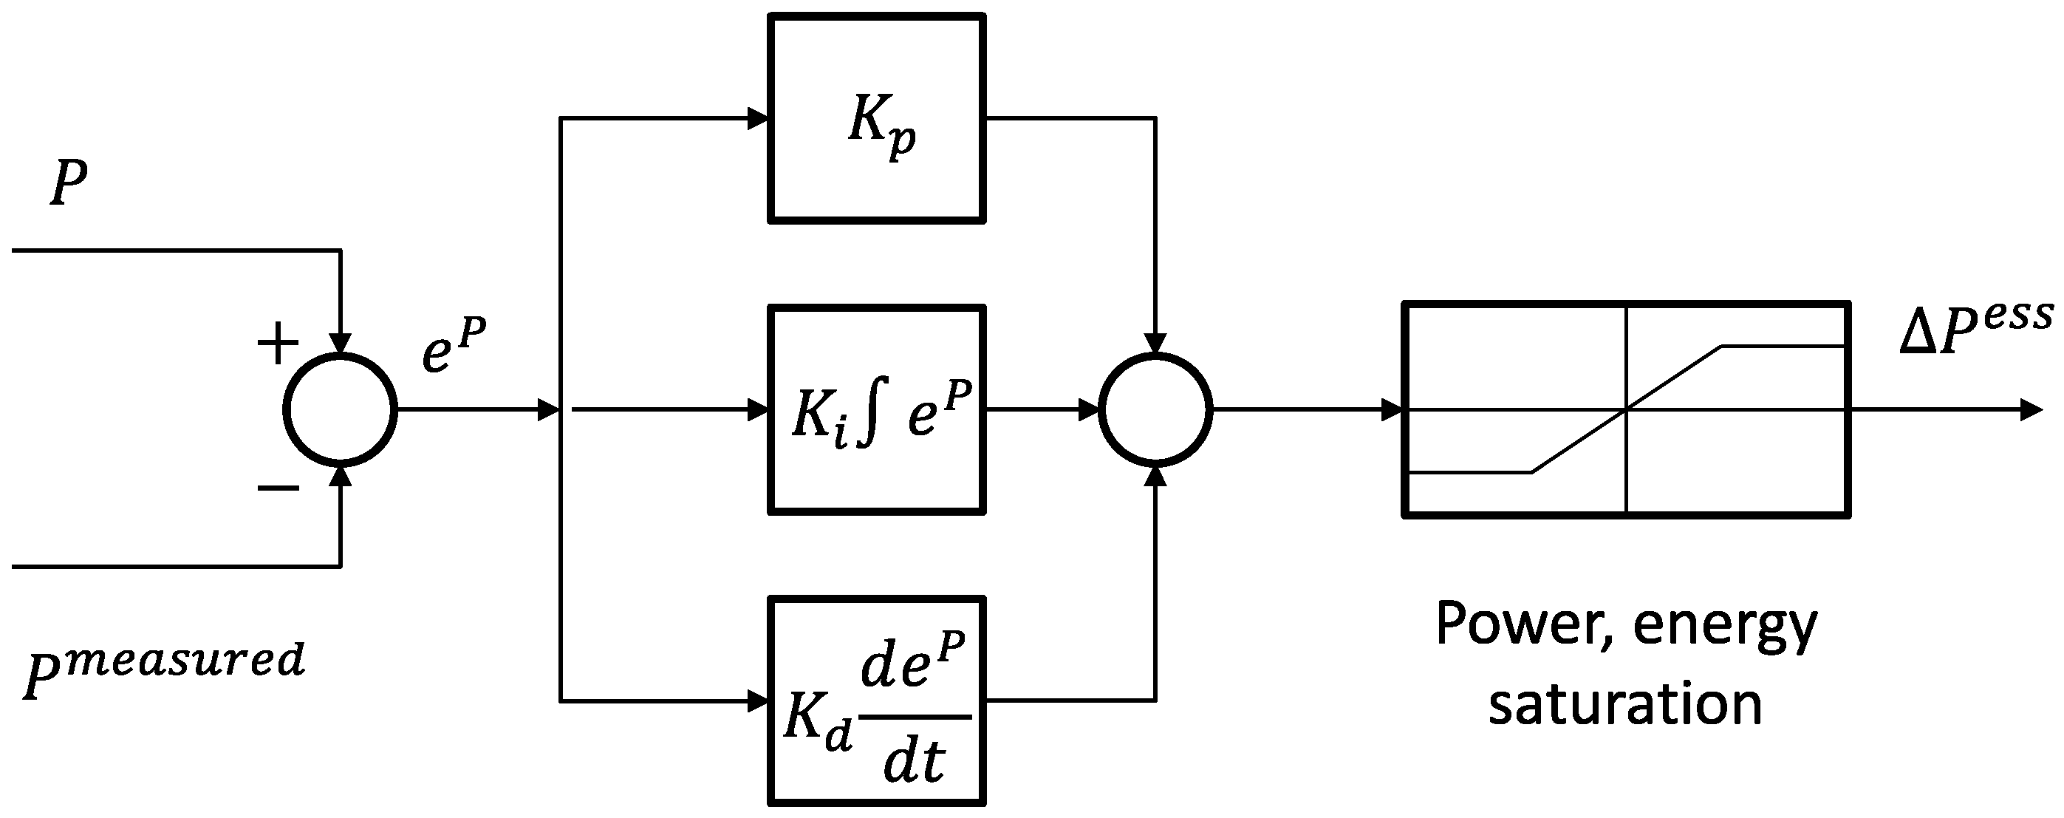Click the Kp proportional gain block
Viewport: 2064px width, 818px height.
click(877, 118)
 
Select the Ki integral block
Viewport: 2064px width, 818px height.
click(877, 409)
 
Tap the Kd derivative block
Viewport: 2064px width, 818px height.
click(877, 701)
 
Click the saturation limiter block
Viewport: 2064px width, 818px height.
click(1627, 409)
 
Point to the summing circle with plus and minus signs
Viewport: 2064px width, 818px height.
click(341, 409)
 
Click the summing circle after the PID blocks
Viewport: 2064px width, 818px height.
click(1155, 409)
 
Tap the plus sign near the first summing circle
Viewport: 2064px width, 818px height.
click(277, 344)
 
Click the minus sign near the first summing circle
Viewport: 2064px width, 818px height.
click(278, 487)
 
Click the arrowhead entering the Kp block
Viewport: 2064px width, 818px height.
click(757, 118)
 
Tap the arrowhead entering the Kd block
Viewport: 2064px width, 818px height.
click(757, 701)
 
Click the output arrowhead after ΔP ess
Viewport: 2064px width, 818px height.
click(2032, 409)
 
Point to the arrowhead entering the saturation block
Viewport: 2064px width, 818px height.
click(1392, 409)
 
